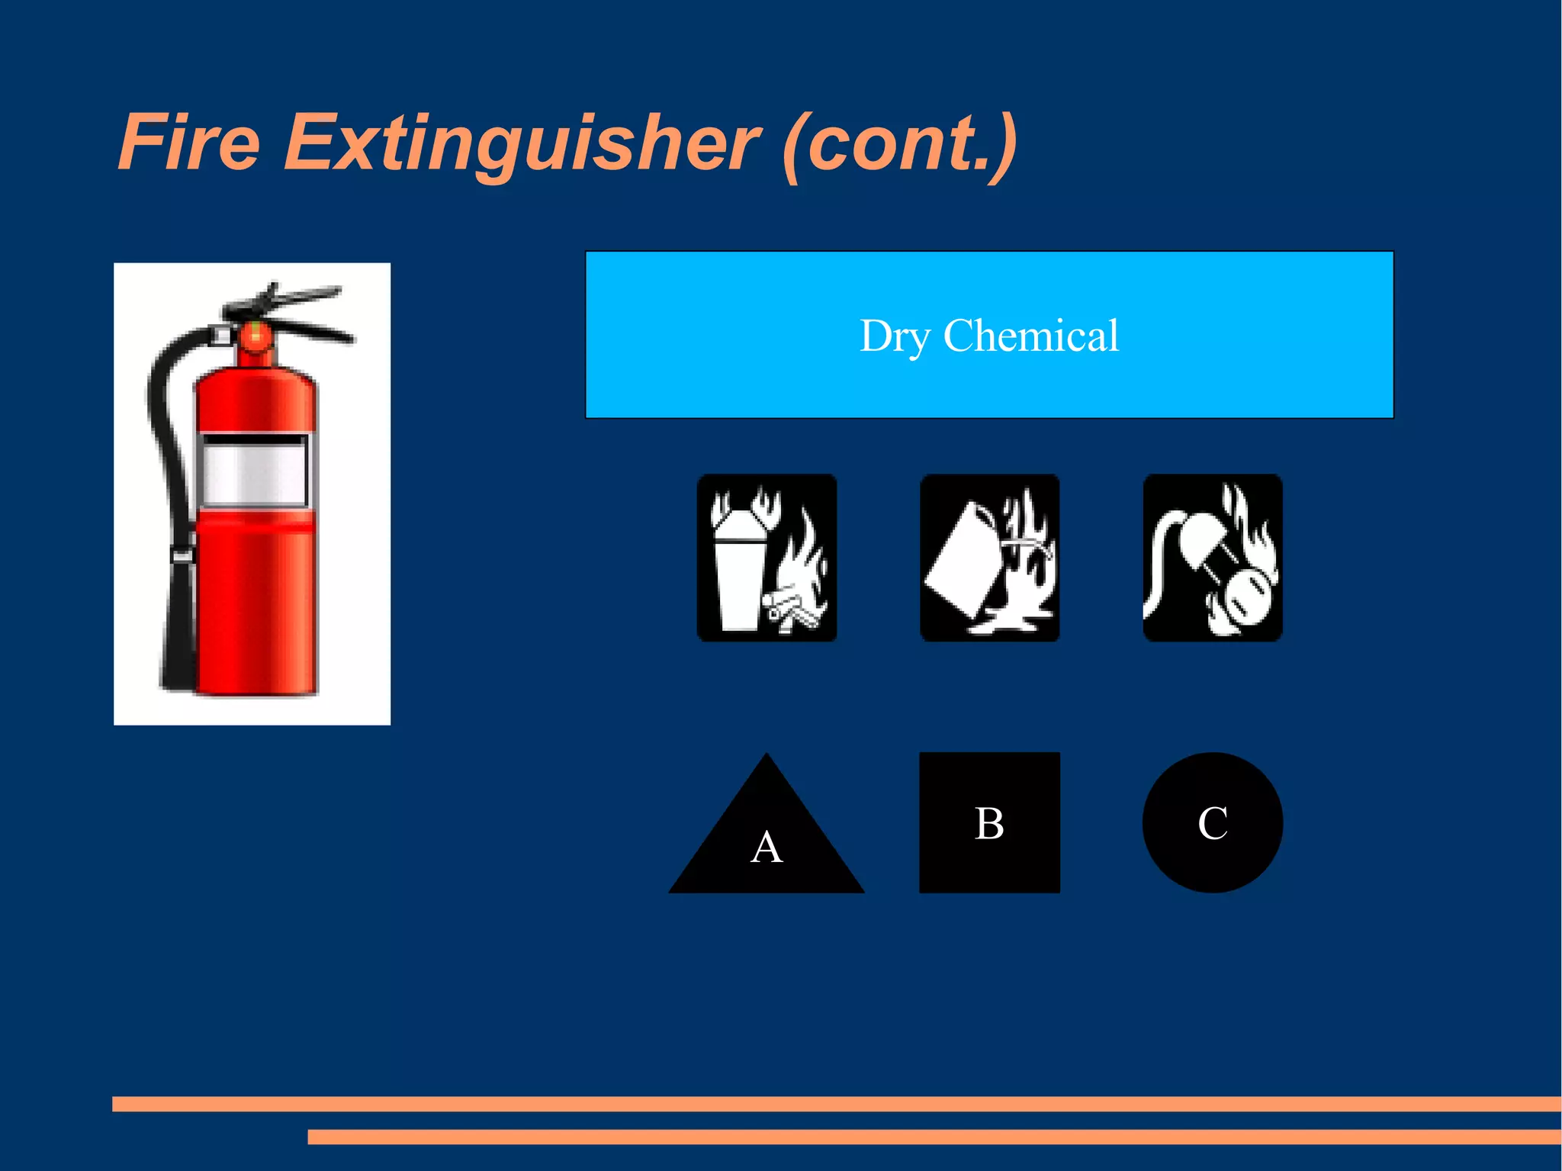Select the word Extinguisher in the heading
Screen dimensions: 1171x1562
click(522, 143)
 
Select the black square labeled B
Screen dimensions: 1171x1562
click(989, 822)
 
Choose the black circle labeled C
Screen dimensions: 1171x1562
click(1212, 822)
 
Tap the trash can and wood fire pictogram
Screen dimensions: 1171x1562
click(767, 558)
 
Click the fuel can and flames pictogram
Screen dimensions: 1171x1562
click(989, 558)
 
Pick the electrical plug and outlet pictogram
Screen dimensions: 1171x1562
click(1212, 558)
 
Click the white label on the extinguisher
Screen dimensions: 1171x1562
click(254, 471)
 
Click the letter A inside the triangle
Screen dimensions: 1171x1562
click(767, 847)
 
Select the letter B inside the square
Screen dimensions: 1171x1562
click(989, 823)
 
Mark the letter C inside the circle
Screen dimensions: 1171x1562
click(1212, 823)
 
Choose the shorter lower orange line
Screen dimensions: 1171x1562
click(934, 1137)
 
